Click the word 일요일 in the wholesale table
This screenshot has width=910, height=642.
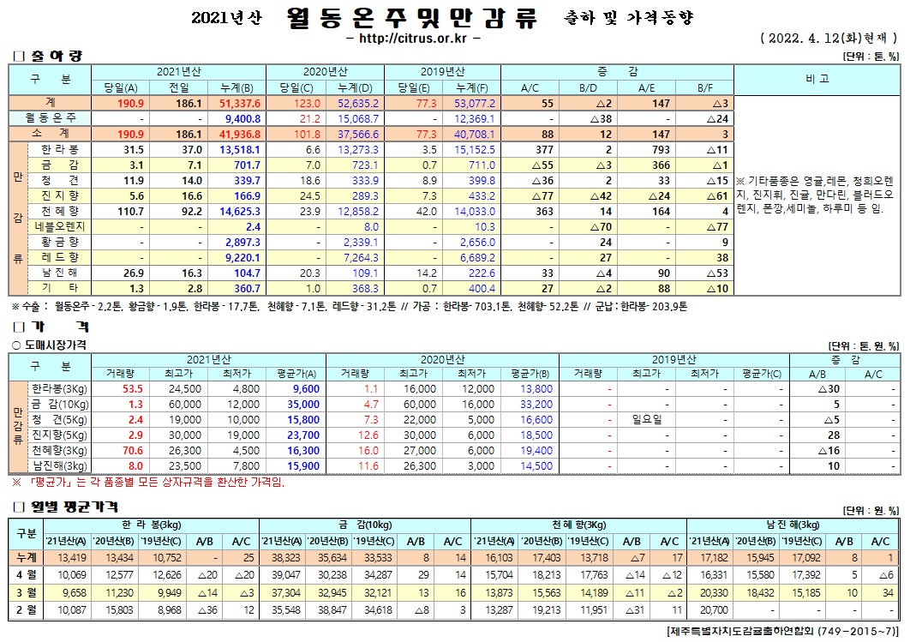[x=648, y=419]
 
